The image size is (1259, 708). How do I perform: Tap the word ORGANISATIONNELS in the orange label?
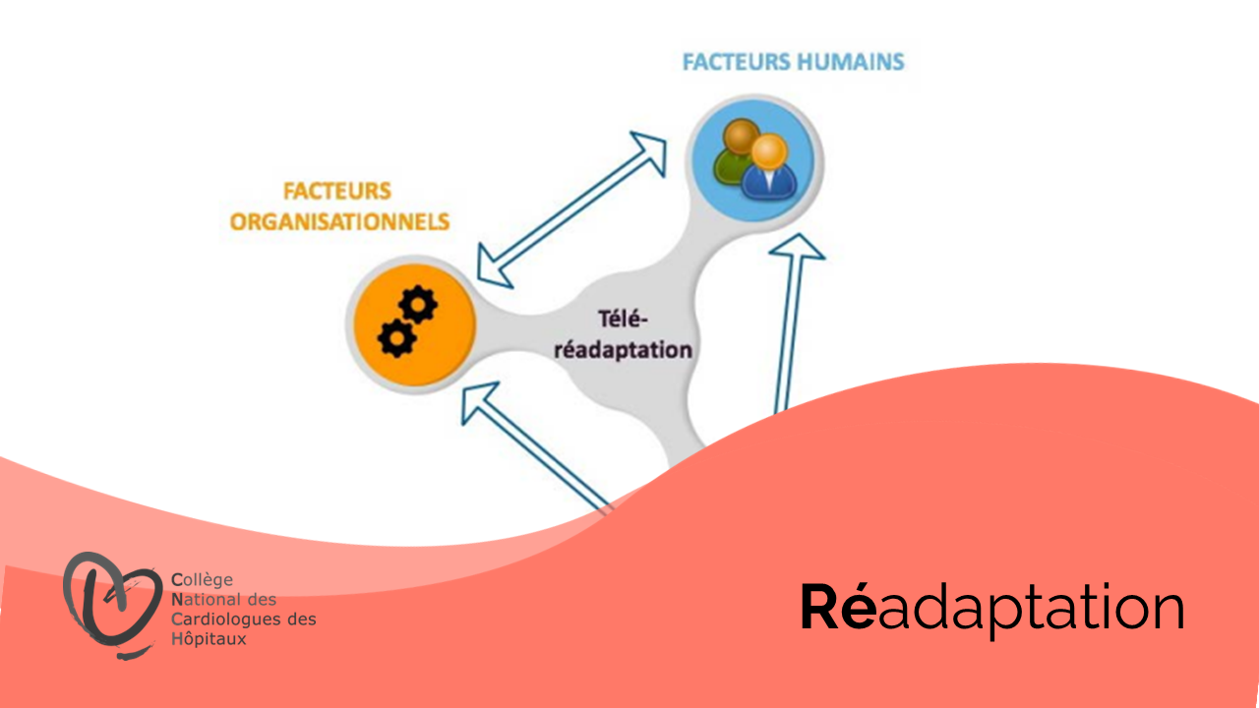[x=339, y=222]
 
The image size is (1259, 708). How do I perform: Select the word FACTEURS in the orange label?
[x=337, y=191]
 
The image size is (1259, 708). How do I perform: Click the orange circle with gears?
[x=415, y=324]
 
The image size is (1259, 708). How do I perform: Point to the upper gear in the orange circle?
[x=418, y=305]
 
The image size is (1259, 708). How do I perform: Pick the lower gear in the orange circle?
[x=396, y=338]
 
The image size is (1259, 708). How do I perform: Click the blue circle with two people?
[x=754, y=160]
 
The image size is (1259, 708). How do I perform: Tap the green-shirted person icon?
[x=733, y=150]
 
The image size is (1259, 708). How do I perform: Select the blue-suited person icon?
[x=769, y=167]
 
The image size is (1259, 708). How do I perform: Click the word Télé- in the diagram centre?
[x=623, y=320]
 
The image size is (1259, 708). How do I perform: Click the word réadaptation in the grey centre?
[x=623, y=350]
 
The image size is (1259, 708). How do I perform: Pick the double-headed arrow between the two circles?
[x=571, y=210]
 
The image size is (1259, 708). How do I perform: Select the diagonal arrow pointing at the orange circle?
[x=537, y=447]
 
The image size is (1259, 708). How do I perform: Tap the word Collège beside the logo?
[x=202, y=579]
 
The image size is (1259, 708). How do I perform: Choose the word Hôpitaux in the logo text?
[x=209, y=639]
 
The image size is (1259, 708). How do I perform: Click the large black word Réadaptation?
[x=992, y=609]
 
